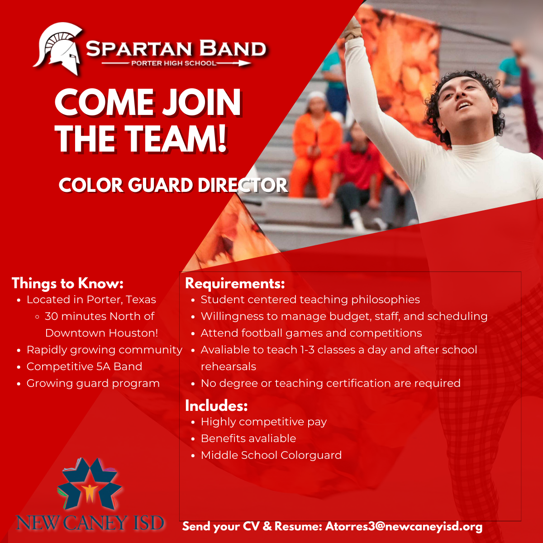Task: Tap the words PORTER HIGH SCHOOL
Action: click(x=174, y=63)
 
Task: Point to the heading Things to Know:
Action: click(x=67, y=283)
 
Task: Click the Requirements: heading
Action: click(x=235, y=283)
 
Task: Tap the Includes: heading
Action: click(x=216, y=406)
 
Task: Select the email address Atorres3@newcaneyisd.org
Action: click(x=404, y=526)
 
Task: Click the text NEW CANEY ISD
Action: click(x=90, y=523)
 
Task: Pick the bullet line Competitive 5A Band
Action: click(x=84, y=367)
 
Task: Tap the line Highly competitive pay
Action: click(x=264, y=422)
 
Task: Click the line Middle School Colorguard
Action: click(x=271, y=455)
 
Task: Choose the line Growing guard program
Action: click(x=93, y=383)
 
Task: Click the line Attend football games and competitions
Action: click(x=311, y=333)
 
